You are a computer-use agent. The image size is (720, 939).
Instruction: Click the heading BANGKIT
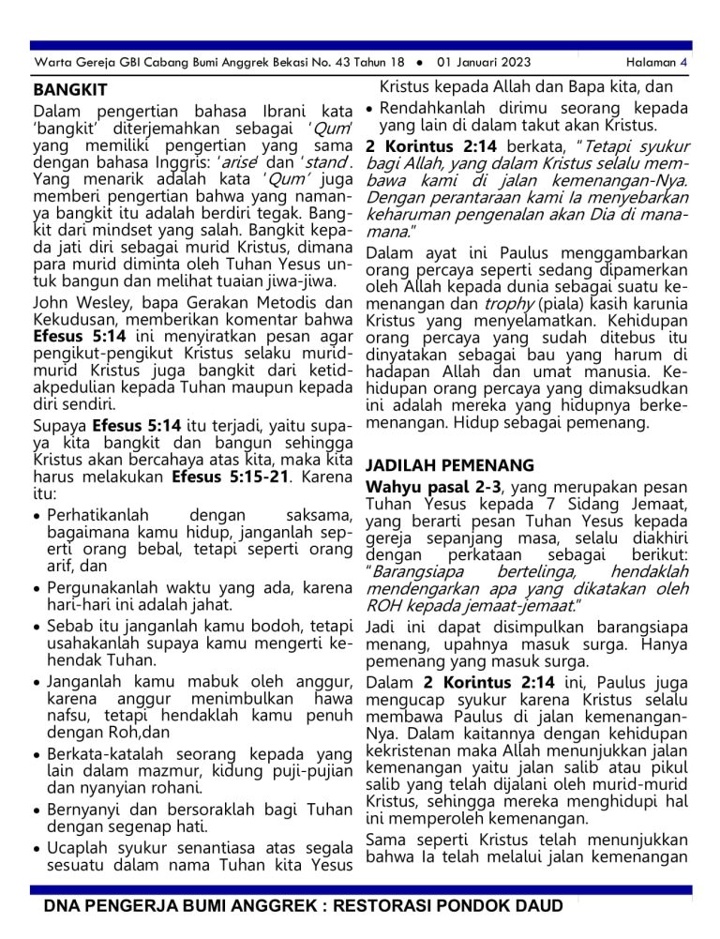70,91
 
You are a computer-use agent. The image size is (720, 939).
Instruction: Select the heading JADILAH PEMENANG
449,465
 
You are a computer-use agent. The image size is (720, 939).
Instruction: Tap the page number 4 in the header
683,63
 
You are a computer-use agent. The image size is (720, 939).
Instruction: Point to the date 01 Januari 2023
484,63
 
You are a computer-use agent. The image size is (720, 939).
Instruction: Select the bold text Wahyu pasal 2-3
434,487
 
